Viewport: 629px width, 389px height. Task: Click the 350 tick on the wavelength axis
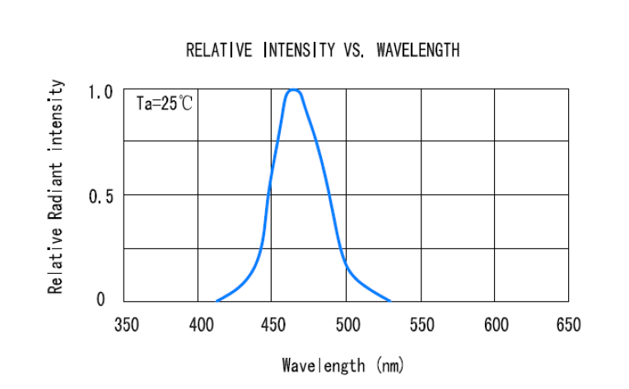click(125, 325)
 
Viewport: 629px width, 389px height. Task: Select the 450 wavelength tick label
click(273, 325)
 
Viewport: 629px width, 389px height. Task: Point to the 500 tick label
click(347, 325)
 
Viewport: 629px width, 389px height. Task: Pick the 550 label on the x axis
click(422, 325)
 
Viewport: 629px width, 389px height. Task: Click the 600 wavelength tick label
click(496, 325)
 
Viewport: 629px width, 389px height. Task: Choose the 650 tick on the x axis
click(568, 325)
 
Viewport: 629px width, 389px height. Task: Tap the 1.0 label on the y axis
click(100, 91)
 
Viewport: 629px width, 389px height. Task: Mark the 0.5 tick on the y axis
click(100, 196)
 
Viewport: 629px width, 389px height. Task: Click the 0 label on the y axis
click(101, 299)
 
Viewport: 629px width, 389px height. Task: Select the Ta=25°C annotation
click(165, 104)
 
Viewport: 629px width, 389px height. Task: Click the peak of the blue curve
click(293, 90)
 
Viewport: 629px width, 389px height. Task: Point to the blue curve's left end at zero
click(217, 301)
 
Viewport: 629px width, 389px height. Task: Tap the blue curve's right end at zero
click(389, 301)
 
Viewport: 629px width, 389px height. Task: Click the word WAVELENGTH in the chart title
click(417, 51)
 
